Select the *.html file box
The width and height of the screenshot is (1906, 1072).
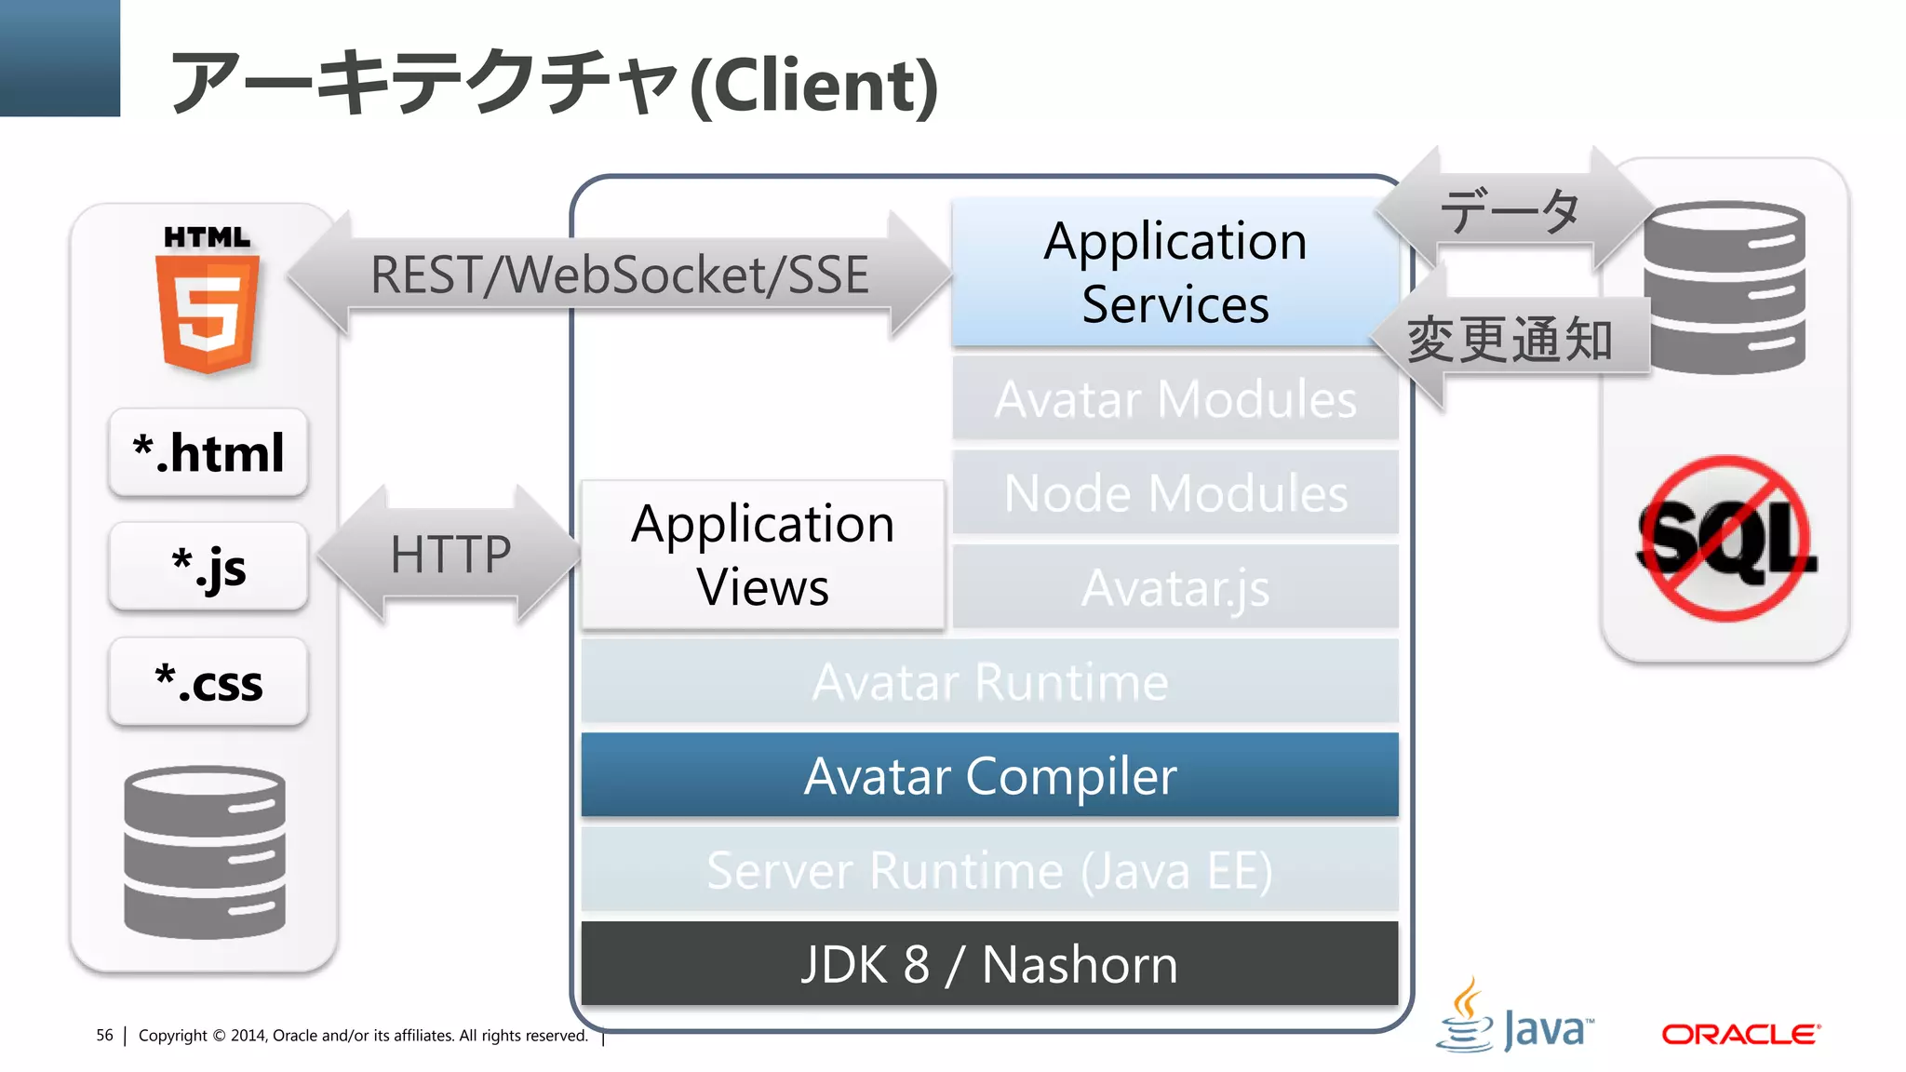[x=208, y=453]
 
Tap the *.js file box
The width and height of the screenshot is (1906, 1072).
[x=208, y=567]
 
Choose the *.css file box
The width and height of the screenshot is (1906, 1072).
[x=208, y=682]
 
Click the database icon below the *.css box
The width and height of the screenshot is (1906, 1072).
[x=205, y=851]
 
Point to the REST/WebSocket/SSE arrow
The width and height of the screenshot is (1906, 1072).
[x=619, y=275]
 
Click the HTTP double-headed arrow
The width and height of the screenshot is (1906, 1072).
[x=450, y=555]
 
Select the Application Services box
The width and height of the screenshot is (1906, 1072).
[x=1174, y=273]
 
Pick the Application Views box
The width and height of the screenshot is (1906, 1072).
[x=762, y=556]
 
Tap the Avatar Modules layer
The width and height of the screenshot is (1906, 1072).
[x=1174, y=399]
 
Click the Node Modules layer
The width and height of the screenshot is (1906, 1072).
[x=1174, y=493]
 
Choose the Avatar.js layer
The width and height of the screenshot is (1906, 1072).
[x=1174, y=587]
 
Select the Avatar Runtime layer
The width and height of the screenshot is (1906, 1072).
[x=989, y=681]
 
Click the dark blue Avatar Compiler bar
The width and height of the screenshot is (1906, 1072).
[x=989, y=775]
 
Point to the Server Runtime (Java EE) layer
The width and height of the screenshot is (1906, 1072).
[x=989, y=870]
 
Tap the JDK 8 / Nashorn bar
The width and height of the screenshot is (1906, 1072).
[x=989, y=964]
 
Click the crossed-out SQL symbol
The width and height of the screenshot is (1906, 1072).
[x=1725, y=539]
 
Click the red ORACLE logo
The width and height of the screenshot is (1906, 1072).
[x=1740, y=1034]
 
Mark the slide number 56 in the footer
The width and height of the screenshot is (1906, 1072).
[x=104, y=1035]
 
